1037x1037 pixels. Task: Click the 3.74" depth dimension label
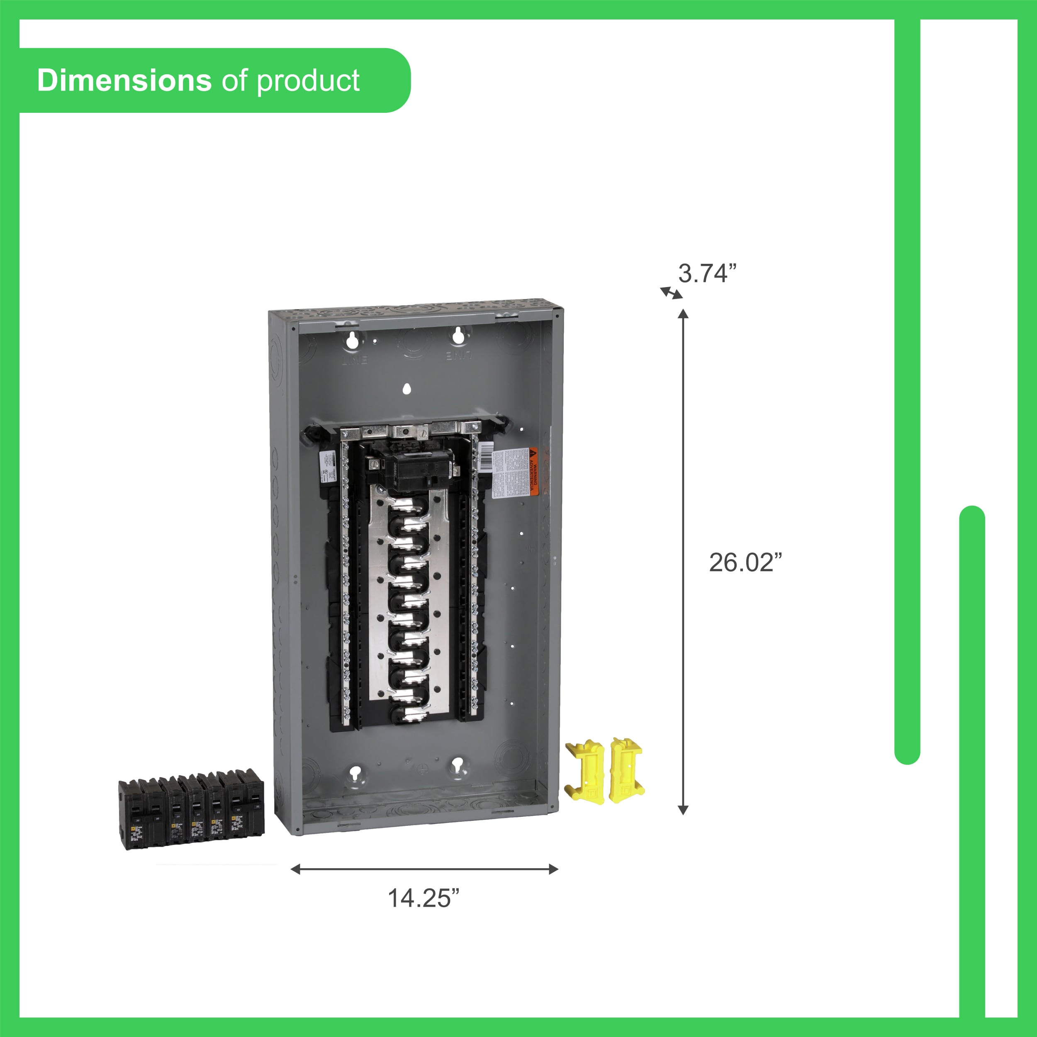point(706,273)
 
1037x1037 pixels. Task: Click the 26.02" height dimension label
point(745,562)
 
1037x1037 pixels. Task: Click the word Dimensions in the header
point(124,80)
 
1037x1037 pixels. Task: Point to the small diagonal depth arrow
point(671,292)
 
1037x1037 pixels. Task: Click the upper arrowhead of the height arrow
point(683,314)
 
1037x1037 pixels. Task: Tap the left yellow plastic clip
point(586,771)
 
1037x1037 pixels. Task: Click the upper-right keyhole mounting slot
point(458,336)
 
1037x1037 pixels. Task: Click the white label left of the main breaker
point(327,463)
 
